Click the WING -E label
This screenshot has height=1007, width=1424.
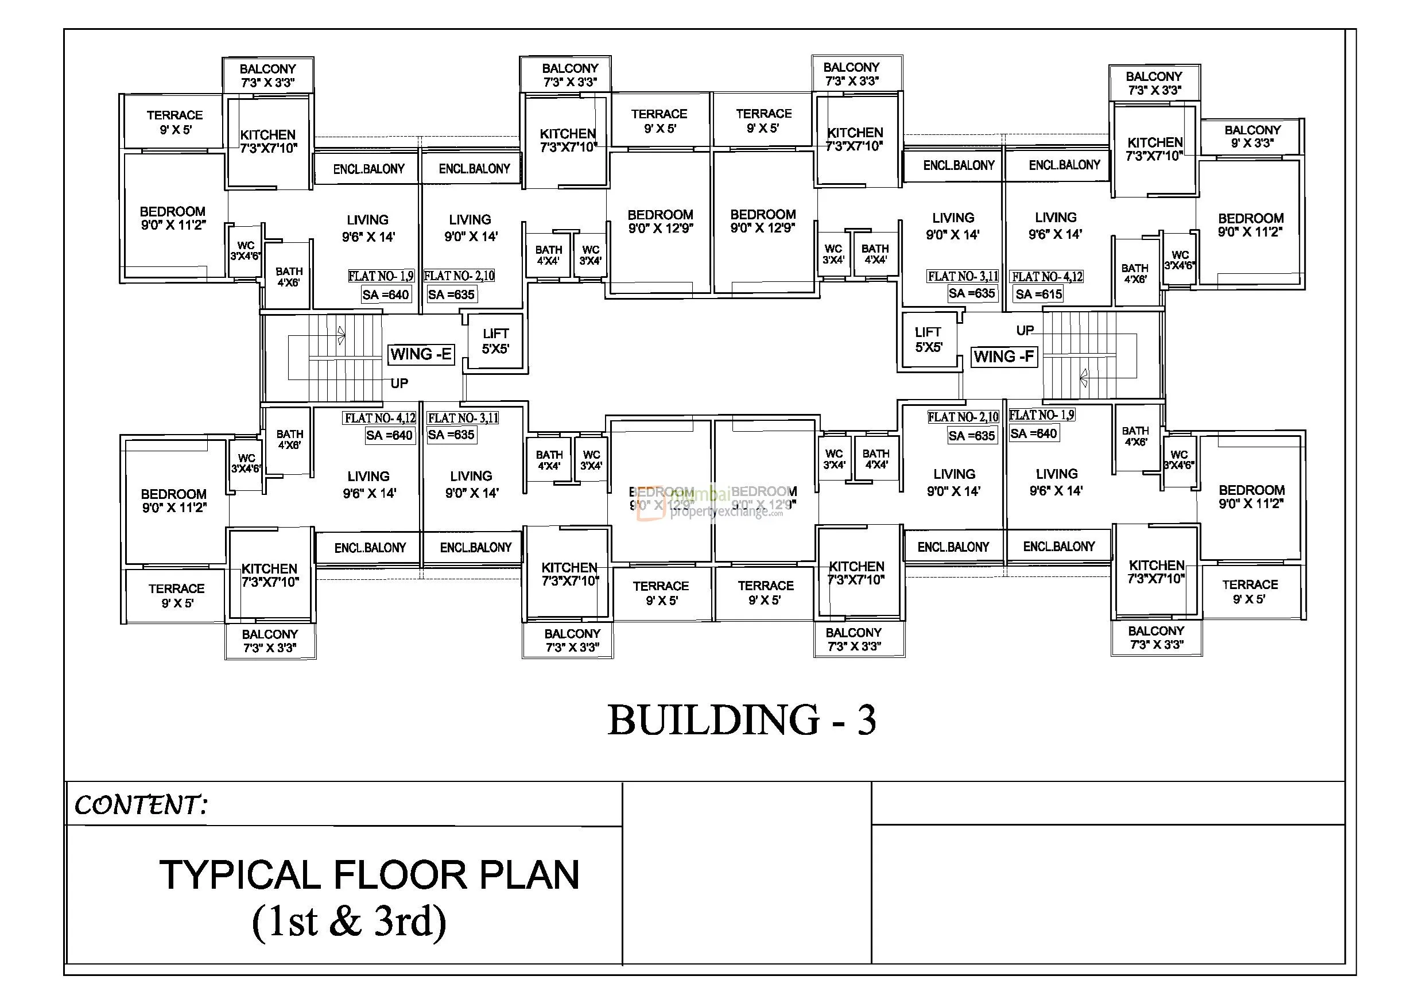[421, 354]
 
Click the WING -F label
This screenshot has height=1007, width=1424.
[1003, 357]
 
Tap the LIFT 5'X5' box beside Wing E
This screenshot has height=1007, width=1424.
[495, 341]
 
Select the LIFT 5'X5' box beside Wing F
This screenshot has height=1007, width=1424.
[929, 339]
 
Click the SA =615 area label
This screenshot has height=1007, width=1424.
[1038, 294]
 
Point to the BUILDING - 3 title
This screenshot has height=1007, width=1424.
[742, 721]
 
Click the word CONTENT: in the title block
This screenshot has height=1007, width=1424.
[140, 805]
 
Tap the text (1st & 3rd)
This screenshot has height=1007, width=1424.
[349, 921]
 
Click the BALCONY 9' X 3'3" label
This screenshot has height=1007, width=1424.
[1252, 137]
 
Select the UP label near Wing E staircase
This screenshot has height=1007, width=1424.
[399, 384]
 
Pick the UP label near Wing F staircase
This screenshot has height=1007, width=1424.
[1025, 330]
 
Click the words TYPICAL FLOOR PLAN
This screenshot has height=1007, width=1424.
[370, 875]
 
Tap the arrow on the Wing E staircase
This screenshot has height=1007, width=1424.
[340, 336]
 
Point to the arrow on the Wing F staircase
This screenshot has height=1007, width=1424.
[1084, 377]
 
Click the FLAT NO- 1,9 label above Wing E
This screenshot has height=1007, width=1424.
[380, 276]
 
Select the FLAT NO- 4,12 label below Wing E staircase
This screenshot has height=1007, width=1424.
[379, 418]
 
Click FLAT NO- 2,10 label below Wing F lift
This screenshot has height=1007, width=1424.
[963, 417]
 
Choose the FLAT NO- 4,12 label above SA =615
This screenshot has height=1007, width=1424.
[1047, 277]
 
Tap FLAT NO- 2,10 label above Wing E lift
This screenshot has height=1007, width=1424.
[459, 276]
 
